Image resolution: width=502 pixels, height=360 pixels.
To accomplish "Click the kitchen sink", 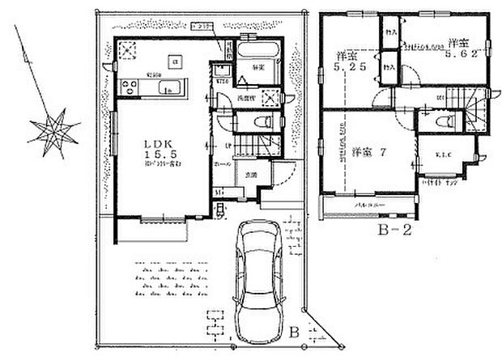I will [x=168, y=90].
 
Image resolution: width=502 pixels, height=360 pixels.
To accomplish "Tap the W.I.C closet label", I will [x=440, y=155].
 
